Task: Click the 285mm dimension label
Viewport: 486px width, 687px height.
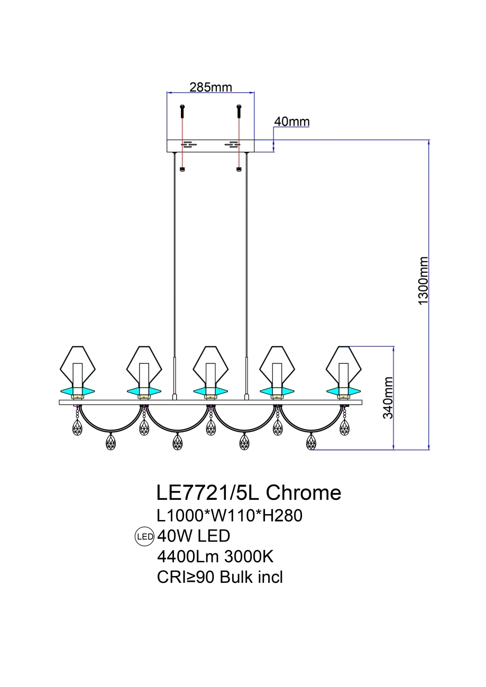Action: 210,87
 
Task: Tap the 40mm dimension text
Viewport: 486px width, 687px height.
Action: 291,122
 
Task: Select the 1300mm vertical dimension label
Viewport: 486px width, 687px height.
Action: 423,281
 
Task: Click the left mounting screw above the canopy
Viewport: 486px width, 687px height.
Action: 182,110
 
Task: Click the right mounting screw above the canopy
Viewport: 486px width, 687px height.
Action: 239,110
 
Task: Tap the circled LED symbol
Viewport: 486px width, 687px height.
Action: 144,536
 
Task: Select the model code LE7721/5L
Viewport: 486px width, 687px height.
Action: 208,493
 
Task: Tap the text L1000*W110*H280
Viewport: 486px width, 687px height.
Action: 230,515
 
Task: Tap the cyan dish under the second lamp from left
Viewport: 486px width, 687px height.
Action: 144,392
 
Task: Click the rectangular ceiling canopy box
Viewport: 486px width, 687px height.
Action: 210,146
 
